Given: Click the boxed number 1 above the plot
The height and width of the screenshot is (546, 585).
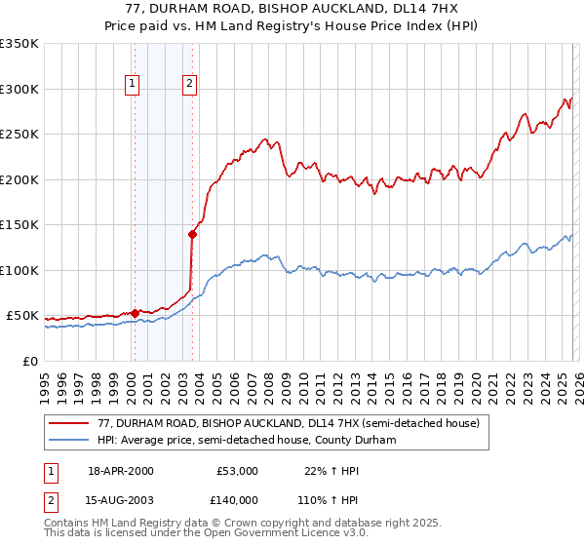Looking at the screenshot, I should pyautogui.click(x=132, y=84).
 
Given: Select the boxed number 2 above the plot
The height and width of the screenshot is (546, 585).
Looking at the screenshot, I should pyautogui.click(x=189, y=84).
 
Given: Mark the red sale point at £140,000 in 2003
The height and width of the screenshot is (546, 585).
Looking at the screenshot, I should pyautogui.click(x=192, y=234).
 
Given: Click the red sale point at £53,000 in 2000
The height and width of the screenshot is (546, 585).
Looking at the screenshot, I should pyautogui.click(x=135, y=313).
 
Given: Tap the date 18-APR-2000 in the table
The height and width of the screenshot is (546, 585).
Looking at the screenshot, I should pyautogui.click(x=121, y=471).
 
